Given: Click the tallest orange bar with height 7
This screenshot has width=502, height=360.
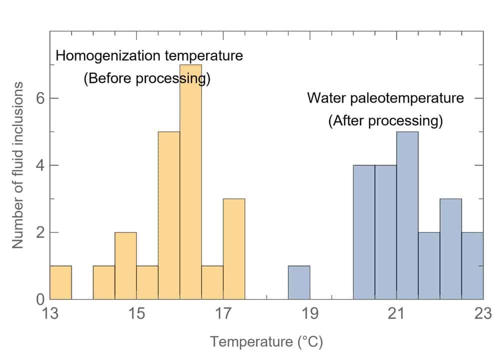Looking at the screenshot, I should [x=191, y=182].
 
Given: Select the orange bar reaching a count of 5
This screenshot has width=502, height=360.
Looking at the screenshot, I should [x=169, y=215].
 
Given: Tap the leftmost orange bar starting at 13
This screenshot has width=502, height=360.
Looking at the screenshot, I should [x=60, y=282].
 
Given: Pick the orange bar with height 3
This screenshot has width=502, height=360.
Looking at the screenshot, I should [x=234, y=249].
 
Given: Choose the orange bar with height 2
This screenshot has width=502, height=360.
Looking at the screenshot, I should [x=125, y=265].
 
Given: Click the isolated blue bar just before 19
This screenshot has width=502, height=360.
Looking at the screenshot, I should [x=299, y=282].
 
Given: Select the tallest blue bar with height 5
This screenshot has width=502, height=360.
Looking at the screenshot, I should [x=407, y=215].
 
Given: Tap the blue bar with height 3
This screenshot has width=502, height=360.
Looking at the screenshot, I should [x=451, y=249].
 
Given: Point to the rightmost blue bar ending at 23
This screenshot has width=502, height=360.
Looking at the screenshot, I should [x=473, y=265].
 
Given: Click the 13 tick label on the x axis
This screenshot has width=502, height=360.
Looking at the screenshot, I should [x=50, y=315].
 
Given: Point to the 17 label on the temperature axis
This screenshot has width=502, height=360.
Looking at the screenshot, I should [x=223, y=315].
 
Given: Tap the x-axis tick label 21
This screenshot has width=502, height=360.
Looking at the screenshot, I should [x=396, y=315].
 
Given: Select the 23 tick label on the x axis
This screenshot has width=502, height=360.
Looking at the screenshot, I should [x=483, y=315].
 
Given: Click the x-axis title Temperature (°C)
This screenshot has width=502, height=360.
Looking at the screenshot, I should [x=266, y=342].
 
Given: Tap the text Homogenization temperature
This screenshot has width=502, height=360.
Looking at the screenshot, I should [x=149, y=55].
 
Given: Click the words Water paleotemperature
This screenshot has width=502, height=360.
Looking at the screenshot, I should [x=385, y=97].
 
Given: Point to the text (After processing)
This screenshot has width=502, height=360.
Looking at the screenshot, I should [x=385, y=121].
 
